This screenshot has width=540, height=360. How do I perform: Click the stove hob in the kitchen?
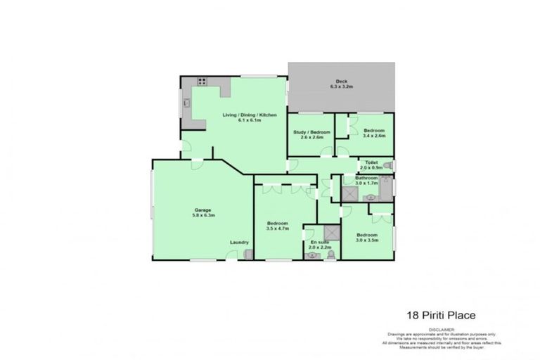[202, 82]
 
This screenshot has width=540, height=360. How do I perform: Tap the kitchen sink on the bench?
[187, 103]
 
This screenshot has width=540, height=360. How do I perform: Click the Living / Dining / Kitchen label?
[250, 115]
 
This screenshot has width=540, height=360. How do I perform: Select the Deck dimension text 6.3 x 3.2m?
[341, 86]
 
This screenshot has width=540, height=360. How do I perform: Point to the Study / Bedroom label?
[311, 131]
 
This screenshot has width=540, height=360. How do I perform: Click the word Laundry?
[239, 243]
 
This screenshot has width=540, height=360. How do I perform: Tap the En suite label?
[319, 242]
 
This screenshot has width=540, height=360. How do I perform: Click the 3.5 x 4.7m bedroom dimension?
[278, 229]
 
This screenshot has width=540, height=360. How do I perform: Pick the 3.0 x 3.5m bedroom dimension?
[367, 240]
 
